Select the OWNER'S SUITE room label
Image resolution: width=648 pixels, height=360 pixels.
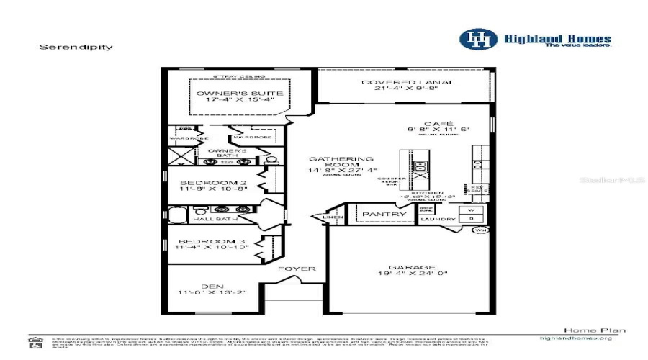(x=230, y=94)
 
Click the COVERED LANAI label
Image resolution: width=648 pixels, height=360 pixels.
(x=407, y=82)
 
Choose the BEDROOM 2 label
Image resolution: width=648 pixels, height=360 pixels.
(x=212, y=183)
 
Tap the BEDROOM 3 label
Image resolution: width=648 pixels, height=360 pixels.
(x=212, y=240)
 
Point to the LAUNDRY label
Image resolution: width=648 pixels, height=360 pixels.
(x=438, y=220)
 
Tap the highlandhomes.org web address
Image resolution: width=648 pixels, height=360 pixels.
(x=576, y=338)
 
